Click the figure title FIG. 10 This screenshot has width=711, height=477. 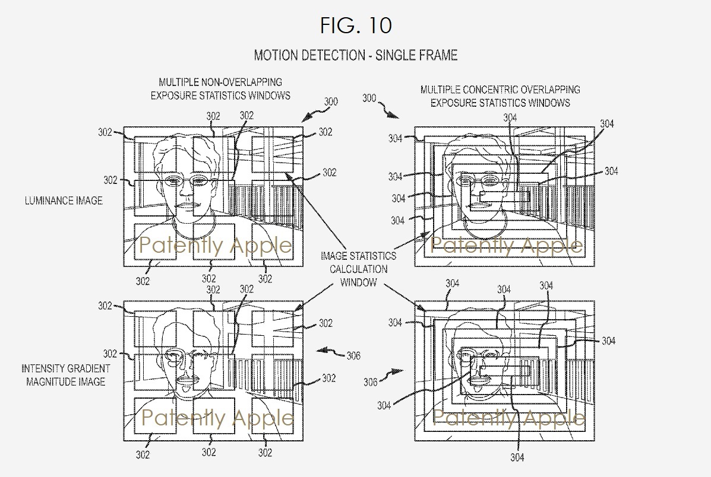[356, 26]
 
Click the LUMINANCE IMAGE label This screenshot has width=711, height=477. [64, 201]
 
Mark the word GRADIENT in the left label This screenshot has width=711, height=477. [89, 369]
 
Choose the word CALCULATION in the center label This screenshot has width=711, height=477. [358, 269]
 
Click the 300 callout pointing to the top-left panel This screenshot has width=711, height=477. [331, 101]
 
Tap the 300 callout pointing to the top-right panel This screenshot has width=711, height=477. [369, 98]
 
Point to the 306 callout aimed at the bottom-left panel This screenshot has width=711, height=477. [353, 356]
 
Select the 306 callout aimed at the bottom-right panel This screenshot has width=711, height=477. [371, 382]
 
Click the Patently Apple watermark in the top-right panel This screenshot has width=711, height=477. [506, 246]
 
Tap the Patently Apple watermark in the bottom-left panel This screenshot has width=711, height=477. [217, 418]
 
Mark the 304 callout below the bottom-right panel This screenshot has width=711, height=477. [517, 457]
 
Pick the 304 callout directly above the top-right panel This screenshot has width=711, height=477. [510, 118]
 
